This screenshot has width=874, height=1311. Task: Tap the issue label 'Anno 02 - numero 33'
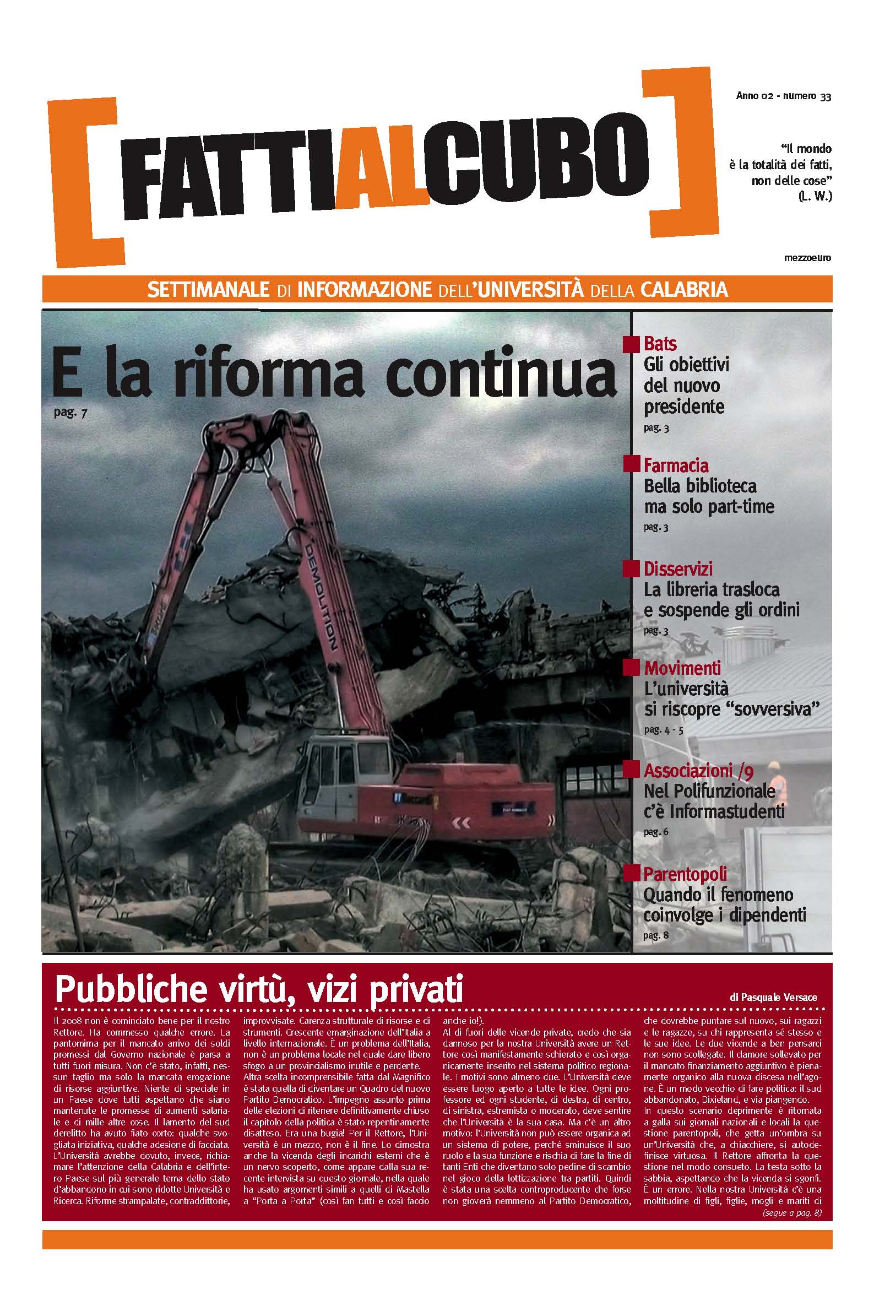[x=783, y=96]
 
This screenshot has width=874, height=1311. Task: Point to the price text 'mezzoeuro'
[x=807, y=258]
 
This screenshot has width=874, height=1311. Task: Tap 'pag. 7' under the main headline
[x=71, y=413]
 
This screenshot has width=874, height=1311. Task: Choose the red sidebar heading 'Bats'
[x=660, y=343]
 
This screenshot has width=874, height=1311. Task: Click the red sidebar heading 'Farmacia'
[x=676, y=465]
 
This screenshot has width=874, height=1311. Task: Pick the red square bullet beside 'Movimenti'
[x=631, y=667]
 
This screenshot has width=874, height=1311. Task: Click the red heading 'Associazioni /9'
[x=698, y=771]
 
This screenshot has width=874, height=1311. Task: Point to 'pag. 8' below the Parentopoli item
[x=655, y=936]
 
